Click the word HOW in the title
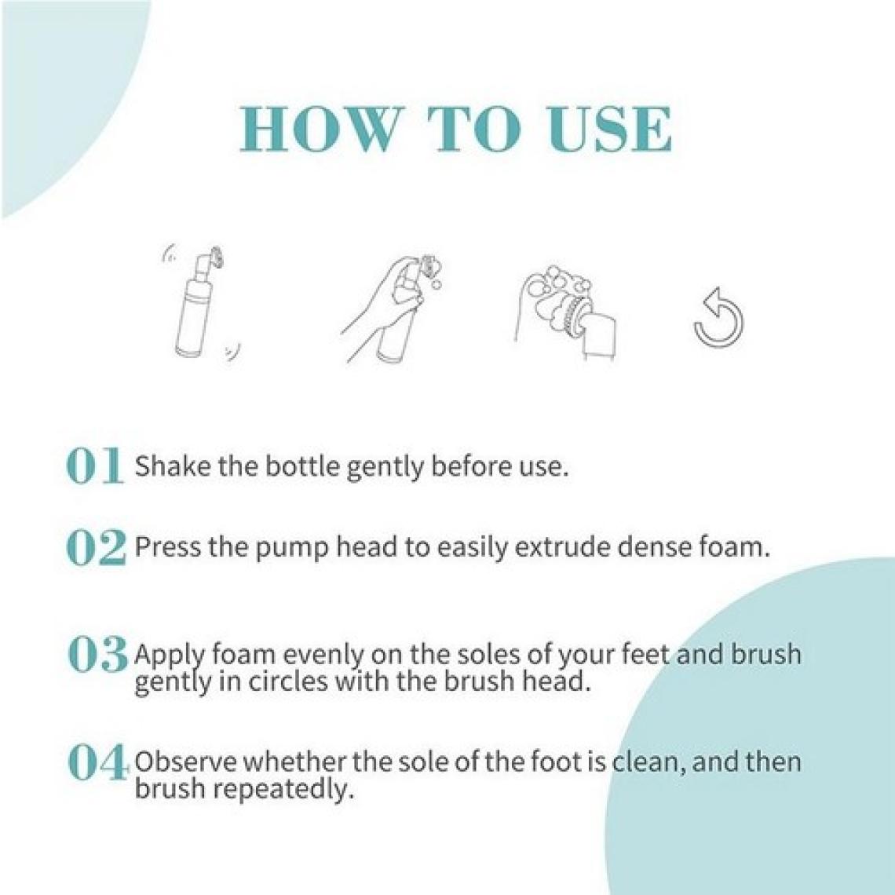coord(319,129)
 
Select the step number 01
coord(95,466)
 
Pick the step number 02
coord(96,547)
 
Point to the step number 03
coord(97,653)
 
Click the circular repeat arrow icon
coord(718,317)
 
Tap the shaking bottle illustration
coord(201,302)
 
